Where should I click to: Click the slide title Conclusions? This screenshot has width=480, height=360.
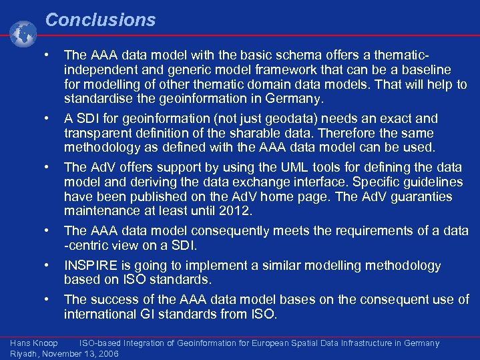(x=100, y=20)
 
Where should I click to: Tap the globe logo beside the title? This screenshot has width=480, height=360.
(x=23, y=34)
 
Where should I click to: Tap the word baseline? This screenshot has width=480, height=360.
(x=425, y=70)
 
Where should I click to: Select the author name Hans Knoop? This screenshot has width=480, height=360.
(x=34, y=343)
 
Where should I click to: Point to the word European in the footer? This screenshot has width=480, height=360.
(x=268, y=343)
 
